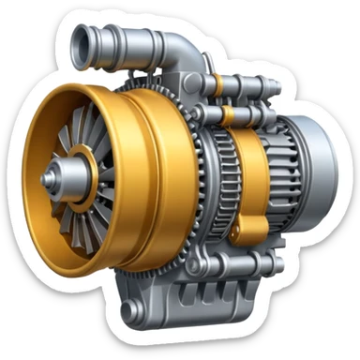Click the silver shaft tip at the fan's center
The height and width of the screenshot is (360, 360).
tap(50, 174)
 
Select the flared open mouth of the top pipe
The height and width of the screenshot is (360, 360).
tap(79, 37)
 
